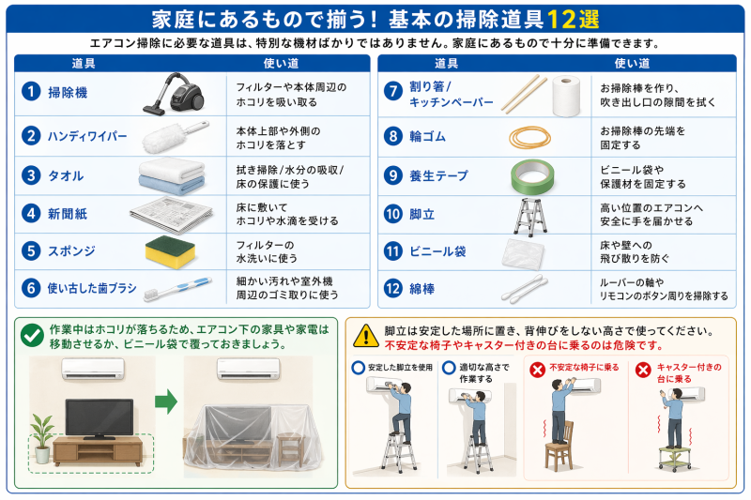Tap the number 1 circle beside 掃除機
coord(32,92)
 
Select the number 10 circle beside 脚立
coord(394,213)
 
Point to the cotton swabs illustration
coord(529,288)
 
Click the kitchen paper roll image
coord(569,95)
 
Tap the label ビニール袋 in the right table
coord(437,251)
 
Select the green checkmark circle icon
coord(32,335)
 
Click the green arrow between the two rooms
coord(165,403)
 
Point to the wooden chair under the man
coord(560,455)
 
